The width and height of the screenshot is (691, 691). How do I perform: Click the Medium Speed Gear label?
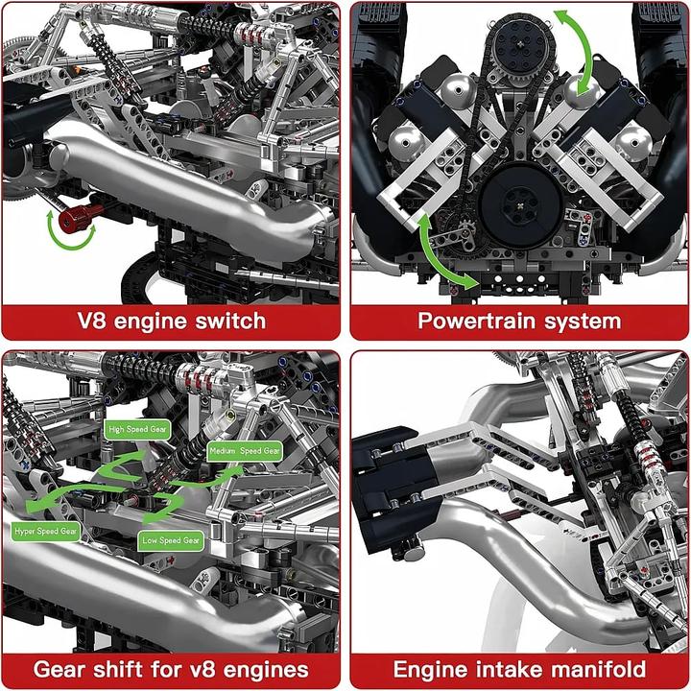(x=245, y=450)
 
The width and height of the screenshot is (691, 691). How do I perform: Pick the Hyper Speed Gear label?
(x=45, y=530)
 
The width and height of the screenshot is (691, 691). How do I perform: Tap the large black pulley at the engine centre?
(x=517, y=198)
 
